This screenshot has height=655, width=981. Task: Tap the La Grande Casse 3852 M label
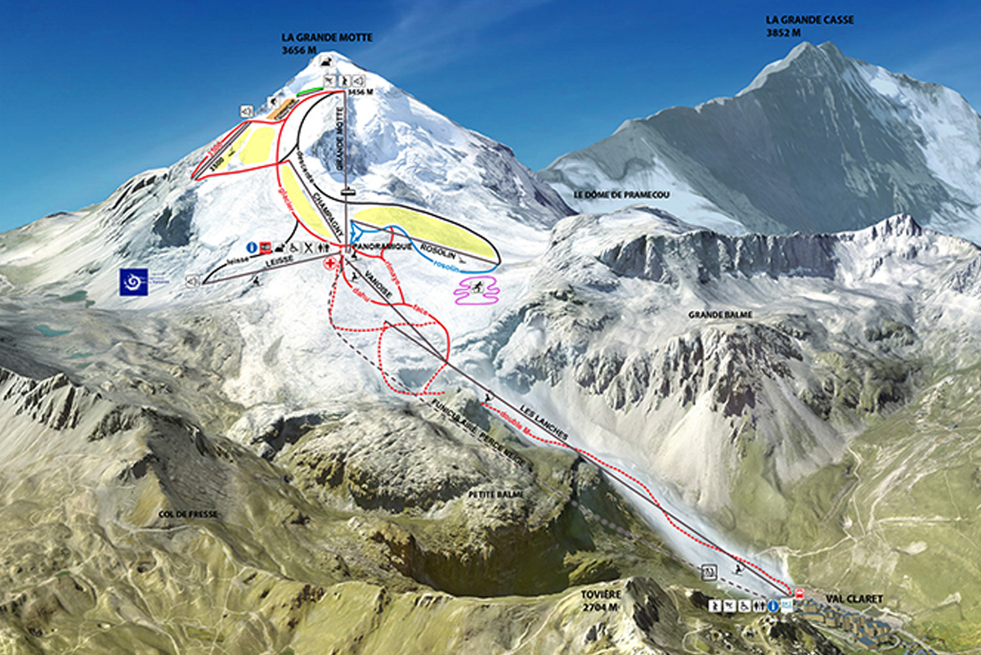click(798, 25)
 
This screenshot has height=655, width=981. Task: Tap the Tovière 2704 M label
click(602, 601)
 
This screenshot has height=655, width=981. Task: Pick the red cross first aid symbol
click(331, 263)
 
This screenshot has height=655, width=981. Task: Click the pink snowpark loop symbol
click(477, 290)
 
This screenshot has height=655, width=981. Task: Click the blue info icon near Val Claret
click(773, 605)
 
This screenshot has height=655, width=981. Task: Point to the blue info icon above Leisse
click(253, 246)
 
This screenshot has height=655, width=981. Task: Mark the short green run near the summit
click(308, 92)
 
